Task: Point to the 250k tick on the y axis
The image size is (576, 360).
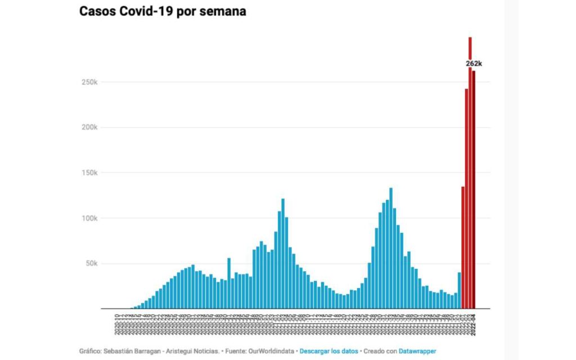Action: pos(89,82)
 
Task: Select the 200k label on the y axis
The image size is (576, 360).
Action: pos(89,128)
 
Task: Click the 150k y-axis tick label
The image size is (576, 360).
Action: pos(89,173)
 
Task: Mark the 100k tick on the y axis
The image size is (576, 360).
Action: pos(89,218)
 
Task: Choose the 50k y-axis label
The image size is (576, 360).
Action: pos(91,264)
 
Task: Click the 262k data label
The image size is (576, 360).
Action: pos(474,64)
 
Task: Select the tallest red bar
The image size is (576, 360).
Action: pos(470,169)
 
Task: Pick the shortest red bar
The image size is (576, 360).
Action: pos(463,247)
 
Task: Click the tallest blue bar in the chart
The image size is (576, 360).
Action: pos(391,247)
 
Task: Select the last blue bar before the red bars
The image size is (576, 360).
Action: pos(459,290)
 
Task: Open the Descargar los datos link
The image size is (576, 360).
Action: pos(328,351)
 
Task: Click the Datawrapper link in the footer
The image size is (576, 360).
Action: pos(417,351)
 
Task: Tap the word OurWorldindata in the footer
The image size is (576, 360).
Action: pos(273,351)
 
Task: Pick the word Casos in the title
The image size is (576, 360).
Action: pos(97,11)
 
